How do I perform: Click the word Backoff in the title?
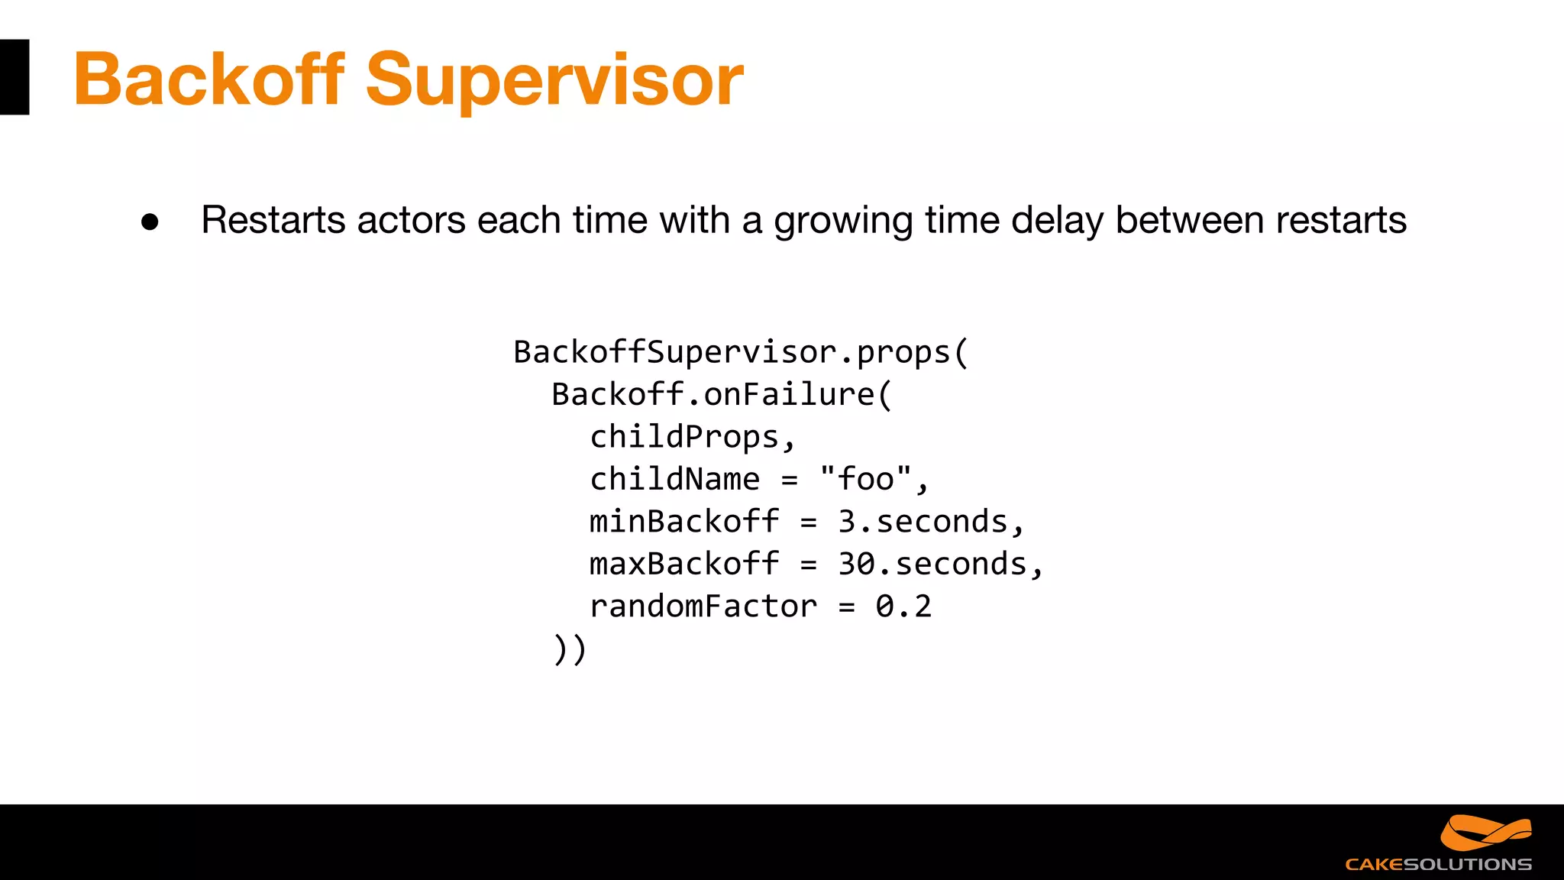pos(209,79)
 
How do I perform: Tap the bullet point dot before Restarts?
pos(150,222)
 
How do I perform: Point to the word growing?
pos(843,222)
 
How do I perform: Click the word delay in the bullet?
pos(1057,222)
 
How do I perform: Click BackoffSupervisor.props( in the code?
pos(741,353)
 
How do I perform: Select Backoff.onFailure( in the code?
pos(722,395)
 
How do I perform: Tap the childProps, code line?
pos(693,438)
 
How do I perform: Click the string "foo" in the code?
pos(866,480)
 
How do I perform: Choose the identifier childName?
pos(675,480)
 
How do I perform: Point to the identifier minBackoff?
pos(684,522)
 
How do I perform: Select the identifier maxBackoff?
pos(684,565)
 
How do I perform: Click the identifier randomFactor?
pos(703,607)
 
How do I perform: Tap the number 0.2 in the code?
pos(903,607)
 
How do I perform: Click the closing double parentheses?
pos(570,649)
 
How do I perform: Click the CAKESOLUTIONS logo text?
pos(1438,864)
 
